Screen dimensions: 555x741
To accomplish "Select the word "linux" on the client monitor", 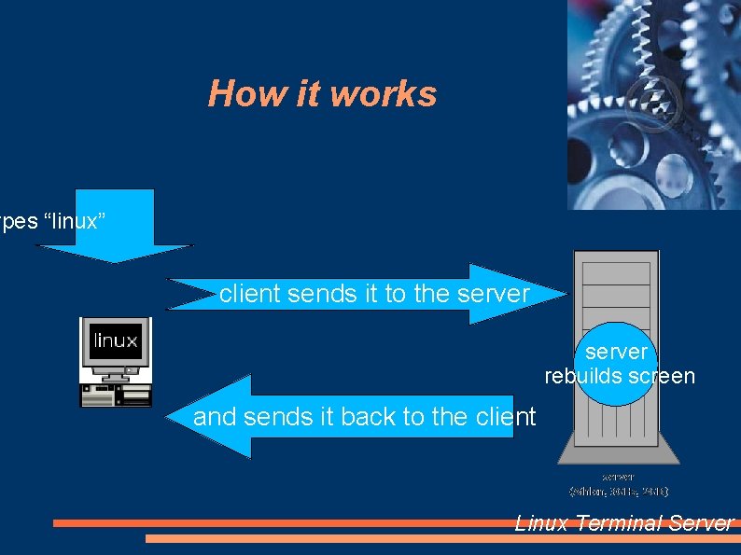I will point(116,340).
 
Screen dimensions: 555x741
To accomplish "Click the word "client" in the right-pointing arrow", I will point(250,294).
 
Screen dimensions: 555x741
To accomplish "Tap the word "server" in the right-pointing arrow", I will point(494,294).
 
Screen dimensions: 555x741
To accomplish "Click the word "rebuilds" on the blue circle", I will point(583,376).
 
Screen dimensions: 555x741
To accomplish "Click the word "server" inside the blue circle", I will point(616,352).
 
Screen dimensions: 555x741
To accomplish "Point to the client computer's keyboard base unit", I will point(117,395).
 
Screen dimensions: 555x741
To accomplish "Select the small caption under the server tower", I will point(619,483).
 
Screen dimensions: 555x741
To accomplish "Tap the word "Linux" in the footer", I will point(541,523).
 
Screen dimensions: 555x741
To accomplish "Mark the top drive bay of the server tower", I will point(616,272).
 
